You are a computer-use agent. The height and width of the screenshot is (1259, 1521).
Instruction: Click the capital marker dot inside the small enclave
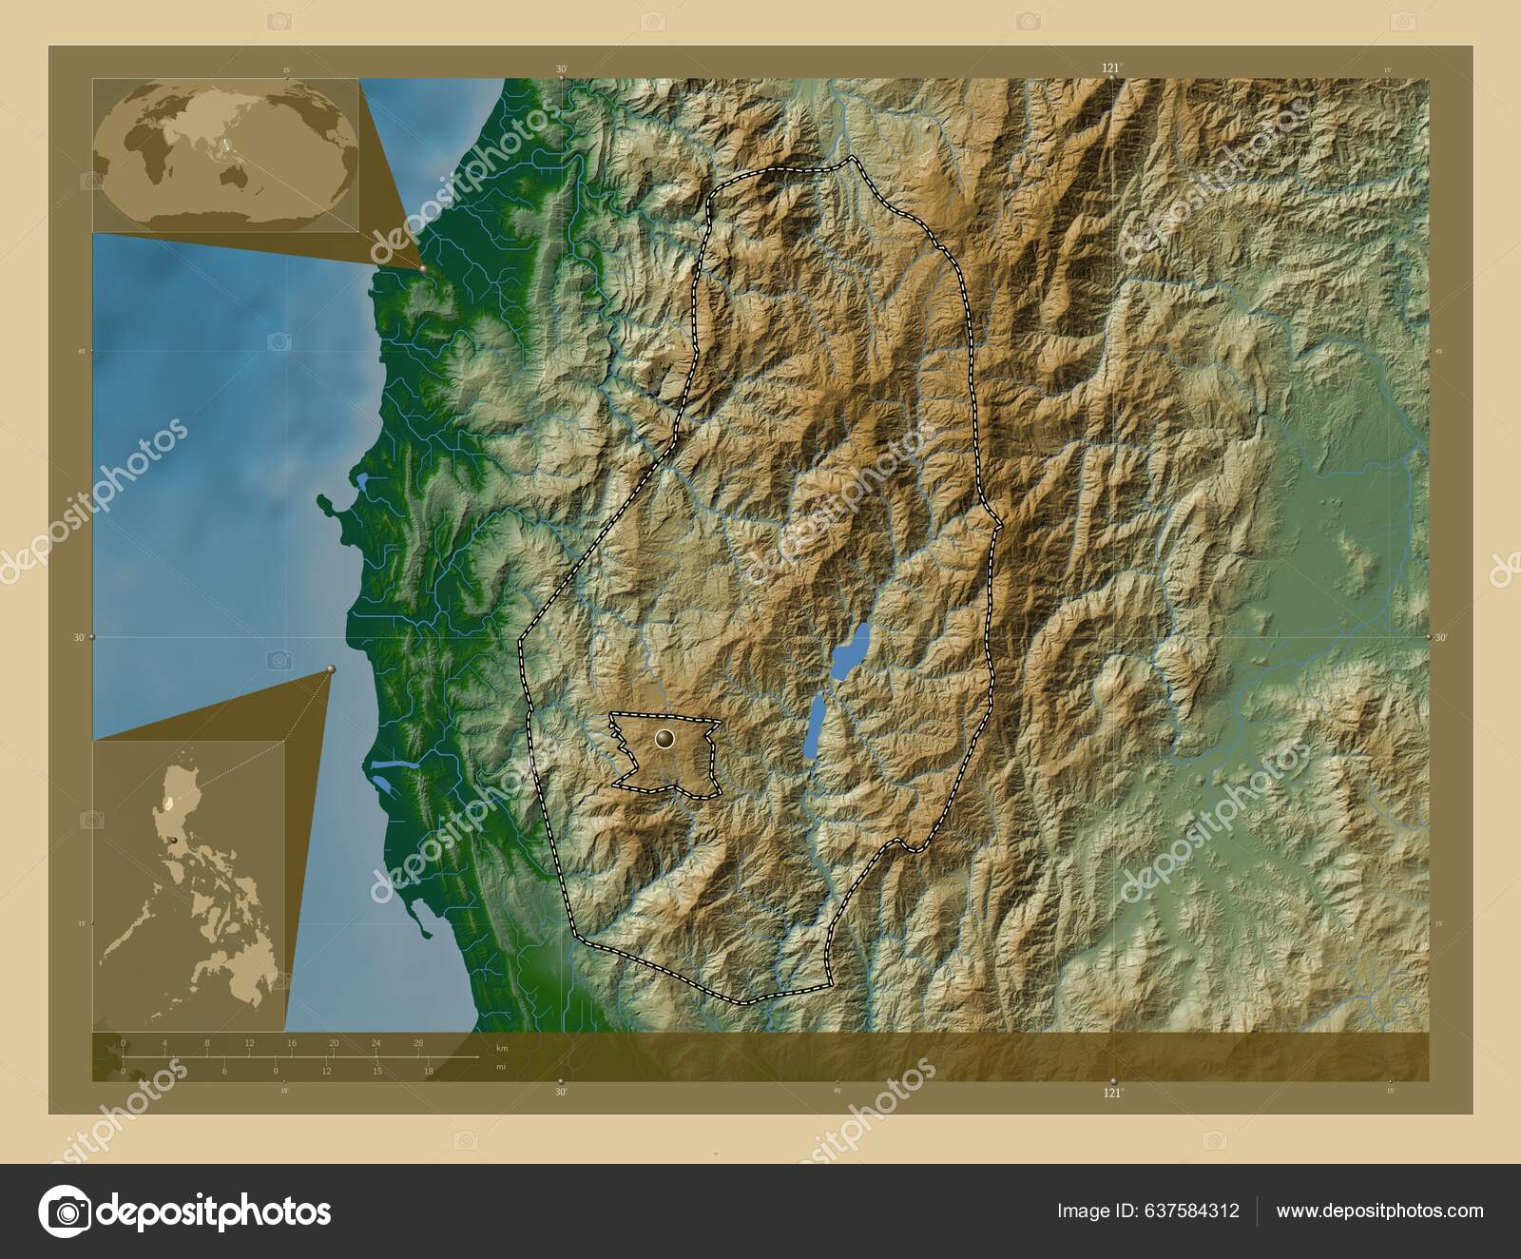[664, 738]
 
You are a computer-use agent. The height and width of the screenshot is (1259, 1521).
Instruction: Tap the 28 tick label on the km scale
[417, 1043]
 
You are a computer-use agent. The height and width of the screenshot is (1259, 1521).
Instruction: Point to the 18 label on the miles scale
[428, 1072]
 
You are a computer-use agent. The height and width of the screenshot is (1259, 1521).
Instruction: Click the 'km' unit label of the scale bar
[503, 1048]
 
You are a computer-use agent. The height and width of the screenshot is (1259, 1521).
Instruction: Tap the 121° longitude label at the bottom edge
[1112, 1094]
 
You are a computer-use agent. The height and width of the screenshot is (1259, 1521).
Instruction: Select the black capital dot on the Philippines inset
[174, 841]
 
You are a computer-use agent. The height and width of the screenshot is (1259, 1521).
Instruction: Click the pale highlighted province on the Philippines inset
[170, 804]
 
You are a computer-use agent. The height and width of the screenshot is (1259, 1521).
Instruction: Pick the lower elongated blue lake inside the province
[814, 725]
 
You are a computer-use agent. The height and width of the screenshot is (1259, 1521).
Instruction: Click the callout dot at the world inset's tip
[422, 269]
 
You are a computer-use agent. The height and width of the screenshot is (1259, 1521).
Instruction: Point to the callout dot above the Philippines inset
[330, 669]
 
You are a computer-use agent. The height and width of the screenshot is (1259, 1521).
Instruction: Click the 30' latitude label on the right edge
[1440, 638]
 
